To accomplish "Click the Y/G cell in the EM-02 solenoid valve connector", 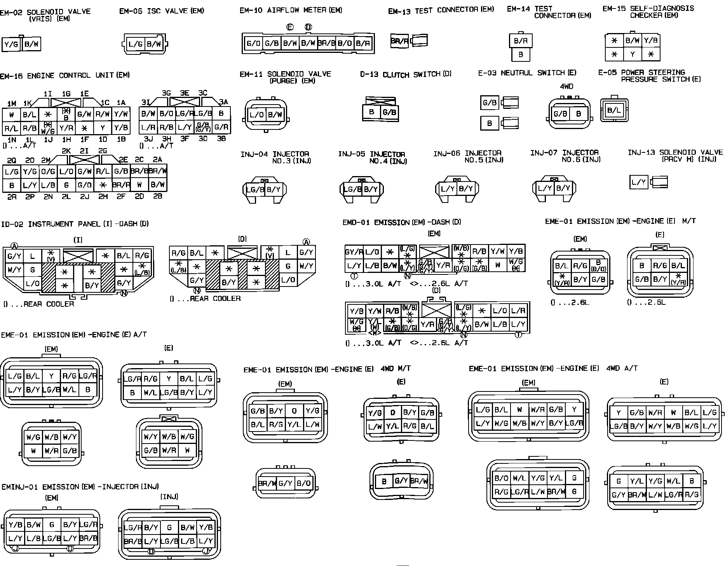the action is [11, 45].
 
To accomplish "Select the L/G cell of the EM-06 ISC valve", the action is [135, 44].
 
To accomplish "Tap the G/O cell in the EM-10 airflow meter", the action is [253, 43].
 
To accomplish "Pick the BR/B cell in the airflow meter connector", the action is [326, 43].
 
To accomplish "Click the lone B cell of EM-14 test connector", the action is [521, 55].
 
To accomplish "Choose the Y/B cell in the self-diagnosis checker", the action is [650, 40].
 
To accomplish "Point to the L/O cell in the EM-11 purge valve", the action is [256, 115].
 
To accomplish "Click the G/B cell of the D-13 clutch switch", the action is [389, 112].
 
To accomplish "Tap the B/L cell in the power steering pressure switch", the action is [614, 110].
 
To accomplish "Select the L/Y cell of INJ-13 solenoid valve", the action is [638, 182].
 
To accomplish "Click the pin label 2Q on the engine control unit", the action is [12, 160].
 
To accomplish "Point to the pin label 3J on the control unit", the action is [148, 139].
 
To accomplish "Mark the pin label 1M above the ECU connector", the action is [12, 103].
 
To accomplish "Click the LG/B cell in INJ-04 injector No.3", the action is [255, 190].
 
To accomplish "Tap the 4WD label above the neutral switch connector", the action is [566, 86].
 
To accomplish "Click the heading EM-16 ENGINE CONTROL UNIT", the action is [64, 75].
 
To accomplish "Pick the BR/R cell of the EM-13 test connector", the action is [399, 41].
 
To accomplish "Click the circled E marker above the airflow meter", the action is [290, 27].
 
